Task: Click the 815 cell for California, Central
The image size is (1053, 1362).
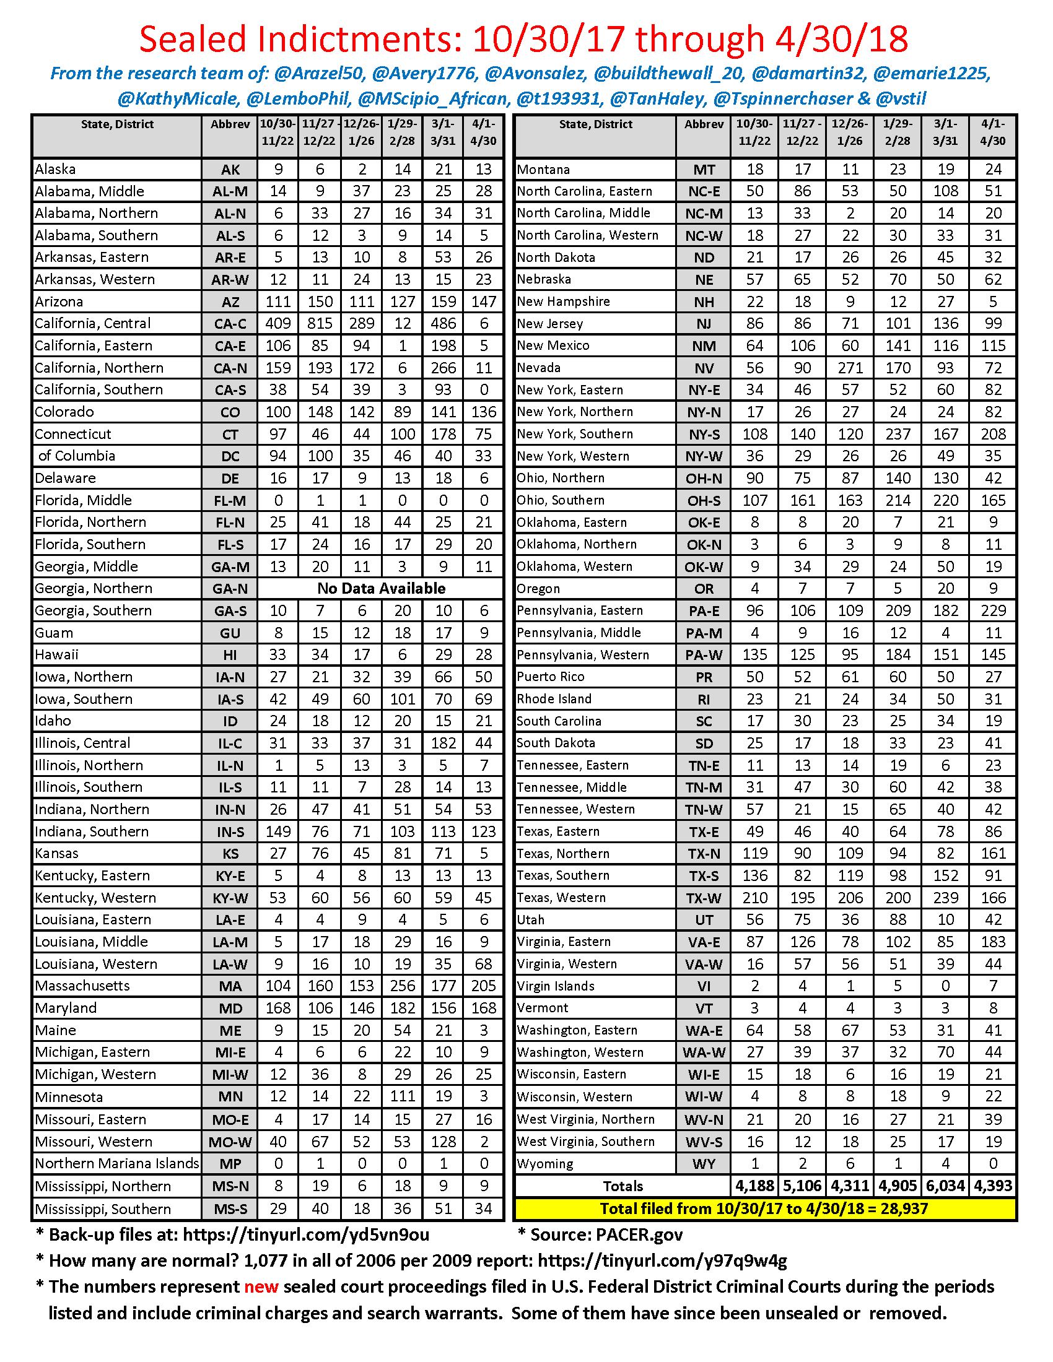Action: click(x=320, y=323)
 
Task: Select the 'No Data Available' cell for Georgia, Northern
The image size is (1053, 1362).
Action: click(x=381, y=588)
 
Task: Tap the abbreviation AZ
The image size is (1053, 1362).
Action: click(x=230, y=302)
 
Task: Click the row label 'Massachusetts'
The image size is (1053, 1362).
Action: click(x=82, y=986)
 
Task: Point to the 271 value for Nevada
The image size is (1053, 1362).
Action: click(x=850, y=367)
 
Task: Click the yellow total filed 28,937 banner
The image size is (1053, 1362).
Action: click(x=764, y=1208)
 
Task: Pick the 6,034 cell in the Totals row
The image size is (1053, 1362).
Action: click(x=945, y=1186)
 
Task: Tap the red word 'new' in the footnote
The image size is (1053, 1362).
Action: click(x=261, y=1286)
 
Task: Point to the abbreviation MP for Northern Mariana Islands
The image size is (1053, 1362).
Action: click(x=230, y=1164)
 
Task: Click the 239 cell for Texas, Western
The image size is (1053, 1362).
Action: click(x=945, y=898)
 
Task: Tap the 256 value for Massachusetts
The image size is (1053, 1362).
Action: click(x=403, y=986)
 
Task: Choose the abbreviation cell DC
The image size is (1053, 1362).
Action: click(x=230, y=456)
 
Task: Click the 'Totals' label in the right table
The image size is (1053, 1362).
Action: click(x=623, y=1186)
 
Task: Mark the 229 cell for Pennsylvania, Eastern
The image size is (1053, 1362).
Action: click(x=993, y=610)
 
